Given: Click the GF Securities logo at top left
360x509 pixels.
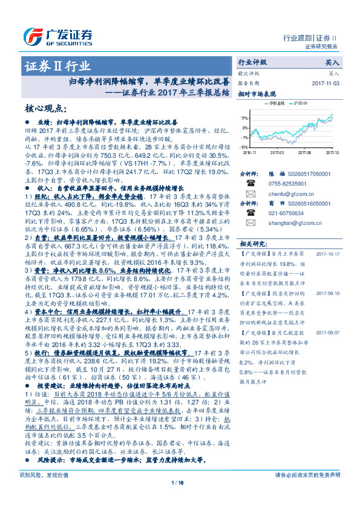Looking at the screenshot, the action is (57, 34).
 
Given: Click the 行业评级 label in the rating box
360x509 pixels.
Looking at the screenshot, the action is (252, 62).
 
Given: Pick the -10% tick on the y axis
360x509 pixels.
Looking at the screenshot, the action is (242, 146).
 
